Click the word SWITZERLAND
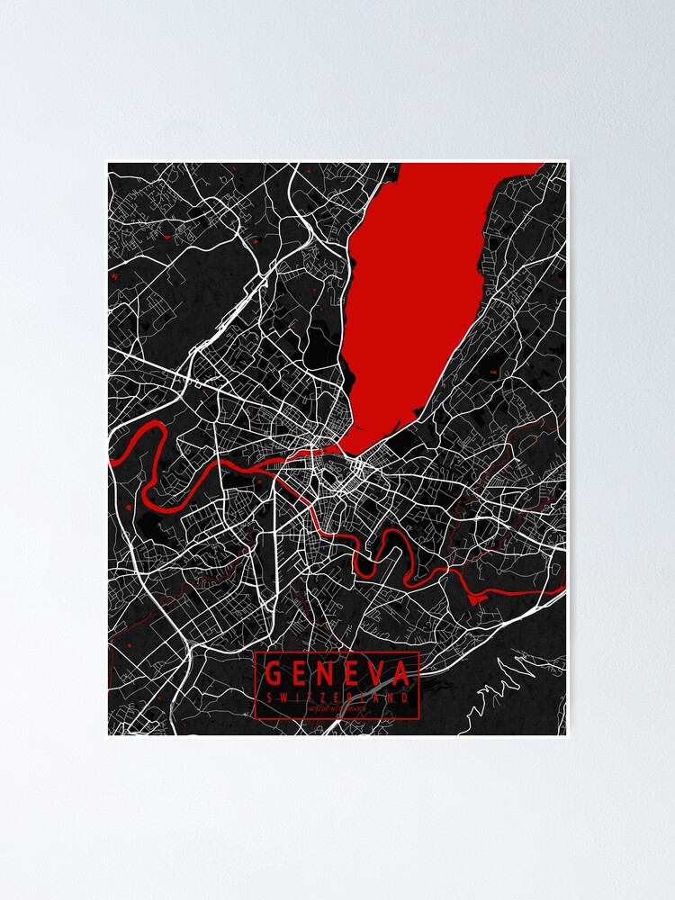[338, 697]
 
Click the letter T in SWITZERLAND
[311, 697]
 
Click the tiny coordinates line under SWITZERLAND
[338, 710]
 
